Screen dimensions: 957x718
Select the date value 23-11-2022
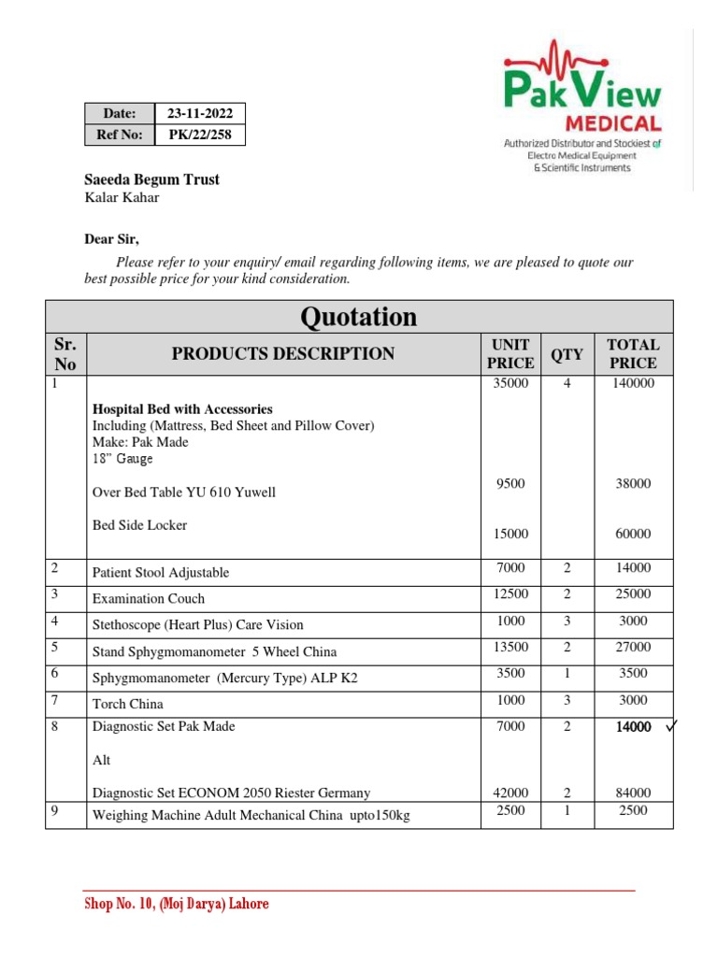(199, 114)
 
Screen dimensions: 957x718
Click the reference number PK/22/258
(199, 136)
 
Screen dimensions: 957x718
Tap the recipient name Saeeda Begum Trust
(152, 179)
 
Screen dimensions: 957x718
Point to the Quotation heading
(358, 318)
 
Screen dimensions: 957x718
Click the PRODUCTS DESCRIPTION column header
(282, 353)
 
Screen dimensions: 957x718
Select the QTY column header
(566, 354)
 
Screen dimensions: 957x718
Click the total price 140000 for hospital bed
(633, 382)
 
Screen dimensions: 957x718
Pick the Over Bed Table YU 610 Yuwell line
(184, 492)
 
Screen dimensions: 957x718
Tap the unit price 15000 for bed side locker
(510, 534)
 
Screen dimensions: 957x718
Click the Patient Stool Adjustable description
(160, 573)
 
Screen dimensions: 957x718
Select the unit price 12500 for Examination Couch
(510, 594)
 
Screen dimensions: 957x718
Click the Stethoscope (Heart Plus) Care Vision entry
(197, 624)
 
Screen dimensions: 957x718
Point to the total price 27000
(633, 647)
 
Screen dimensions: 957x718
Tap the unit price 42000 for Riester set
(510, 793)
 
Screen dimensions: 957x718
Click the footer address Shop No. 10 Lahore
(177, 905)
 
